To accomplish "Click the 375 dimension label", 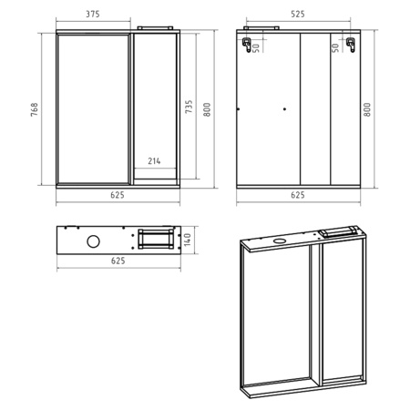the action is [x=93, y=14].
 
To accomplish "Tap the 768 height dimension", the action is [x=35, y=109].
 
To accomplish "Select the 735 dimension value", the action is [x=189, y=107].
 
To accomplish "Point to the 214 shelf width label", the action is [x=154, y=161].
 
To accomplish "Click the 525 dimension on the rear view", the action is [x=298, y=14].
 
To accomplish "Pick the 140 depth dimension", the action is [x=188, y=240].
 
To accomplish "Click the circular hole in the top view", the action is [x=93, y=241].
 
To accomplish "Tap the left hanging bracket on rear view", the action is [x=247, y=45].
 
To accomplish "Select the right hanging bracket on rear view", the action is [x=351, y=45].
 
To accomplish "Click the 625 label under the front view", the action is [x=118, y=195].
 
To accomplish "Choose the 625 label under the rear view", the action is [x=298, y=195].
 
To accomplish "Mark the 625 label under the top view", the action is [x=118, y=261].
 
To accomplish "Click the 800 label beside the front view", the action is [x=207, y=109].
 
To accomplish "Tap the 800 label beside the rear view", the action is [x=367, y=109].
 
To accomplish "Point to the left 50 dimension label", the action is [x=256, y=47].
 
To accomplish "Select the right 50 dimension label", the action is [x=335, y=47].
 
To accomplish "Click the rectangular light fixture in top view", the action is [x=156, y=239].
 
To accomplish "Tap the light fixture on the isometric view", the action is [x=339, y=231].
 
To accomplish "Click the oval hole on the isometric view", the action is [x=279, y=241].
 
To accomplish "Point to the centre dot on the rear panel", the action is [x=284, y=109].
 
